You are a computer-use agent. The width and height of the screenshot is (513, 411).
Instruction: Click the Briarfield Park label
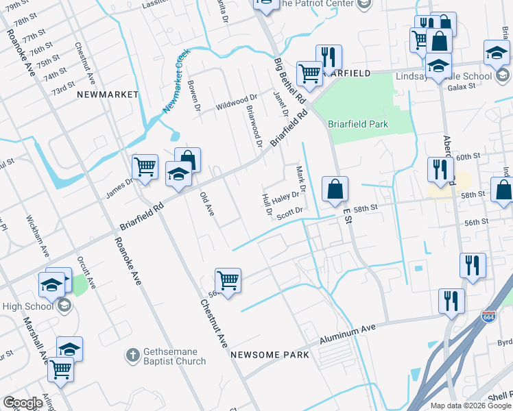click(358, 124)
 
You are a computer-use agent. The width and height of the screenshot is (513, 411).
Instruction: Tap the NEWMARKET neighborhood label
click(108, 94)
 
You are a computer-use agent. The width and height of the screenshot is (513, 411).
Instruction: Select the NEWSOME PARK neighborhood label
click(270, 355)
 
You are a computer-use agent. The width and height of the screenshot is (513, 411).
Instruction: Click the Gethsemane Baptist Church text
click(174, 356)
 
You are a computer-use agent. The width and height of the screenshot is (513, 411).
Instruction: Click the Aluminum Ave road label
click(349, 334)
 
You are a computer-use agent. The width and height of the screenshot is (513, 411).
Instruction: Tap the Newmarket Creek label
click(176, 81)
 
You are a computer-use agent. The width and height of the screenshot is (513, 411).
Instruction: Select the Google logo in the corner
click(23, 402)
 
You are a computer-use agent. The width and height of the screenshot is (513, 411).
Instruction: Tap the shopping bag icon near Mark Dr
click(335, 190)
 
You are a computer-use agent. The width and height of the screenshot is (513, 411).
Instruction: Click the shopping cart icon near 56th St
click(228, 280)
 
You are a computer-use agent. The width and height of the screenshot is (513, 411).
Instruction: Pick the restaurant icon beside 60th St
click(440, 169)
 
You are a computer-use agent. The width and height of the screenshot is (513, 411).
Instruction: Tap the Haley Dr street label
click(285, 197)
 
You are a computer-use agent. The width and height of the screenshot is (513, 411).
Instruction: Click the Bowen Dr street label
click(194, 96)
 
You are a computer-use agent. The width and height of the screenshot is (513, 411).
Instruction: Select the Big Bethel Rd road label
click(289, 81)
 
